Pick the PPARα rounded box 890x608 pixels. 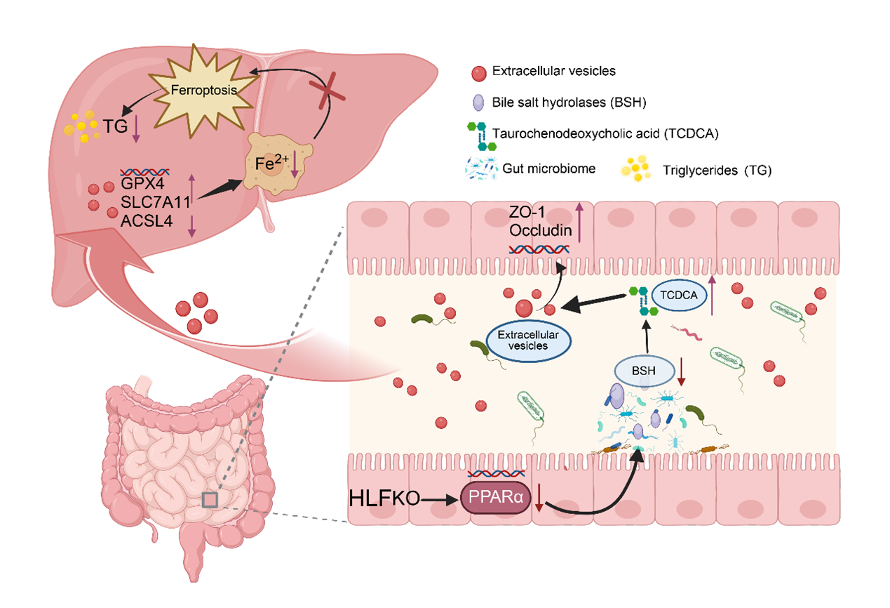[495, 497]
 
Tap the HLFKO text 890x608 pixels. [384, 498]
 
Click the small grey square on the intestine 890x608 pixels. [210, 499]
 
